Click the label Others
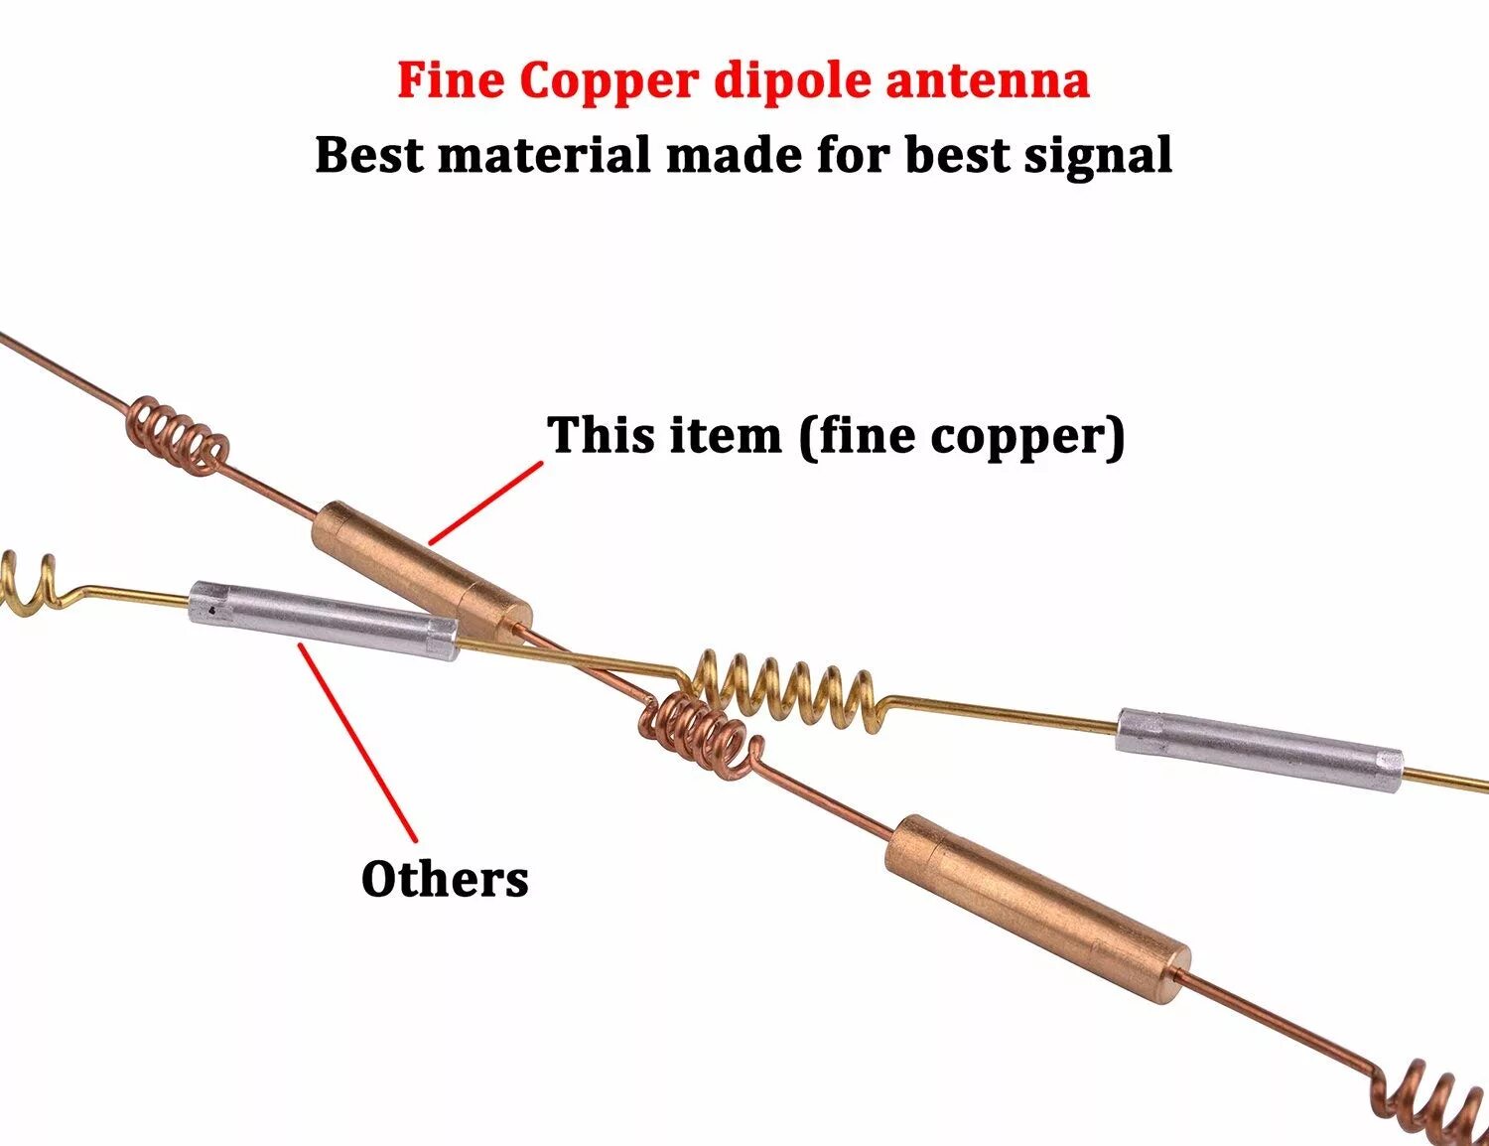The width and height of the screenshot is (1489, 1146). point(445,879)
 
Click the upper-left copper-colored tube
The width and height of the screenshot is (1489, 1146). point(422,570)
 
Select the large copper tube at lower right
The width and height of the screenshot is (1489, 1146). point(1037,908)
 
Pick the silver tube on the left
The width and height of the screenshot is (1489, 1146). point(324,619)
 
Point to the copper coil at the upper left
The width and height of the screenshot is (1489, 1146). point(177,433)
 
